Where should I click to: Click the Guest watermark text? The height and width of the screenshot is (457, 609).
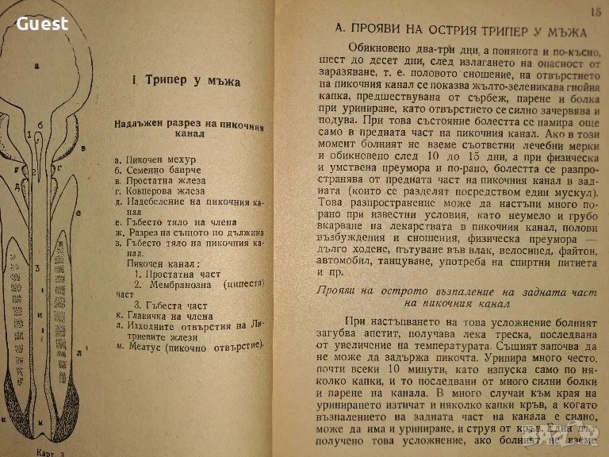tap(43, 24)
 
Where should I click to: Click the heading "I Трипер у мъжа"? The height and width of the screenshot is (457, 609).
tap(187, 81)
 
